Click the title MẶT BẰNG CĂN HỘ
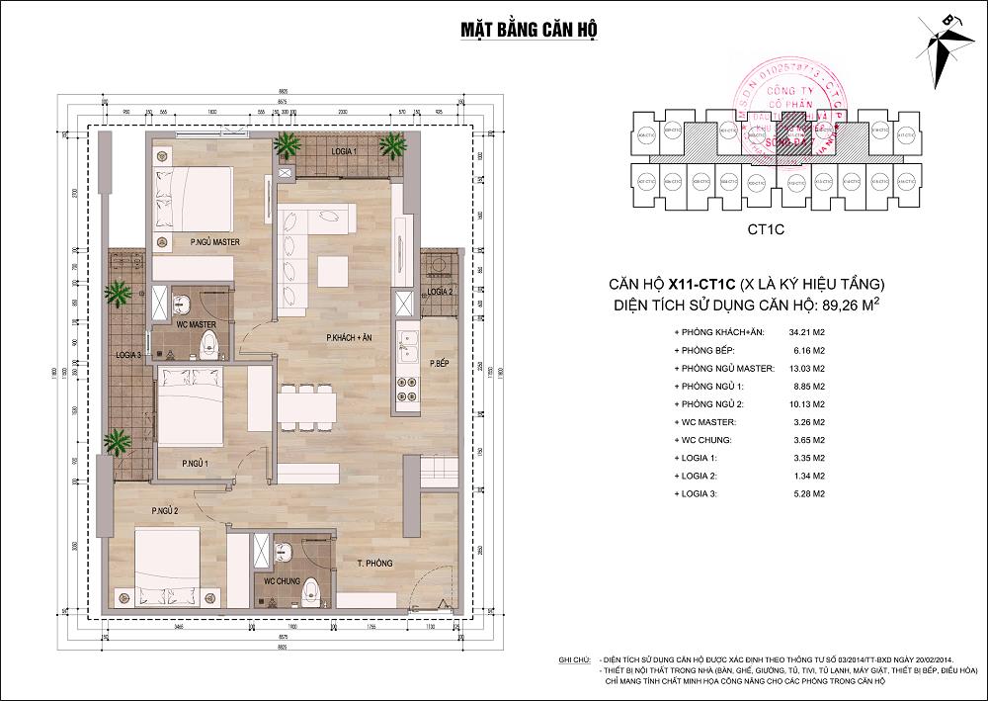pos(528,28)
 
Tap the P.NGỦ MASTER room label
pos(203,241)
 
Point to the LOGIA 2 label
pos(441,292)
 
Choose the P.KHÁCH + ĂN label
pos(354,339)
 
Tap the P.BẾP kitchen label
pos(440,365)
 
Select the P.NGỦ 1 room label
pos(194,463)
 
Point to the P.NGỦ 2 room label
pos(164,510)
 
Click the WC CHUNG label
pos(282,581)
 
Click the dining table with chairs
pos(308,405)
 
